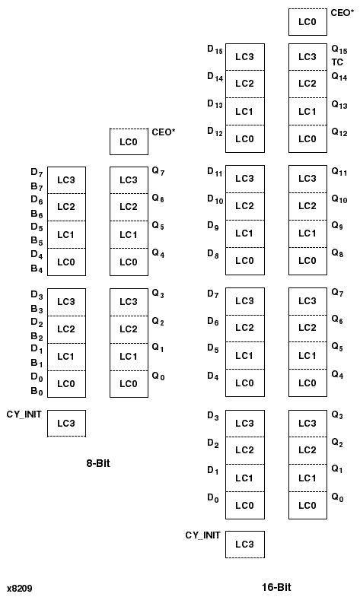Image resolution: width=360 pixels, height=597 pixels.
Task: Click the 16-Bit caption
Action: click(x=276, y=587)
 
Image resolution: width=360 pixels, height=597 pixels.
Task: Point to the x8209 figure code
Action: click(x=19, y=588)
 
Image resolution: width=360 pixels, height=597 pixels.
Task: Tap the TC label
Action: click(x=337, y=62)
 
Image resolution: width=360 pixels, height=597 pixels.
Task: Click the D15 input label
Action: click(x=215, y=49)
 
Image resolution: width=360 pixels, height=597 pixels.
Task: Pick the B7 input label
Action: click(x=37, y=186)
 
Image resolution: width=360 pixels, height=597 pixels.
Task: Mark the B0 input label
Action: click(x=37, y=392)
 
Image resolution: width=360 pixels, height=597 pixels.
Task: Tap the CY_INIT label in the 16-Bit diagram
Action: click(x=202, y=535)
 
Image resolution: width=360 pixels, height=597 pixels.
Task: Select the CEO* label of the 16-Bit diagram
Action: click(x=342, y=13)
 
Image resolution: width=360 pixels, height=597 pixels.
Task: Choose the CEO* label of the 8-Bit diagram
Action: click(x=164, y=132)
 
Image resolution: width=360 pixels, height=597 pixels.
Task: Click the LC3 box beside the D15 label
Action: click(x=244, y=57)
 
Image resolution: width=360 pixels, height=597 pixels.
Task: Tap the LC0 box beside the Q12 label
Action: click(x=307, y=138)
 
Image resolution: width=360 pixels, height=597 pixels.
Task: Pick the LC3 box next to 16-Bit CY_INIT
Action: click(x=244, y=544)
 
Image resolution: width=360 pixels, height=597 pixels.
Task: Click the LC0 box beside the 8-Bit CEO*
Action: click(x=129, y=141)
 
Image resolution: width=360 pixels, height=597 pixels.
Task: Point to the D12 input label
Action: click(x=215, y=132)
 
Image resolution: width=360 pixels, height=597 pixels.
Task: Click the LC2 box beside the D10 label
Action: click(x=244, y=205)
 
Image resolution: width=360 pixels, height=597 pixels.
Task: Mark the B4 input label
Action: click(x=37, y=268)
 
